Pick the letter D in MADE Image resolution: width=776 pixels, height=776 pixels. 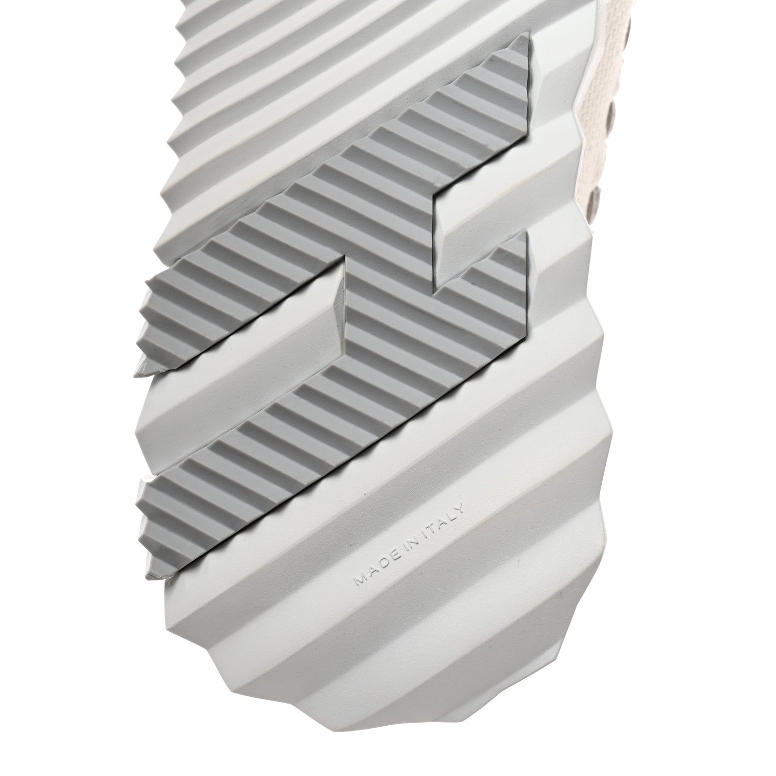coord(386,563)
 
